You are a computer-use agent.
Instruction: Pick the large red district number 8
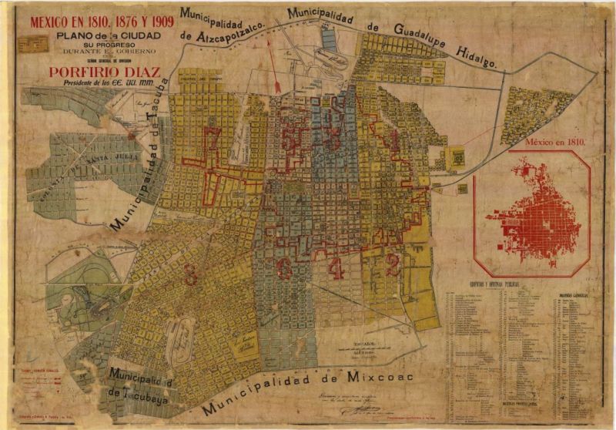(190, 272)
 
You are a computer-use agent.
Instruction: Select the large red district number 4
(336, 267)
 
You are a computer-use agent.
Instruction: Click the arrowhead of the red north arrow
(269, 44)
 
